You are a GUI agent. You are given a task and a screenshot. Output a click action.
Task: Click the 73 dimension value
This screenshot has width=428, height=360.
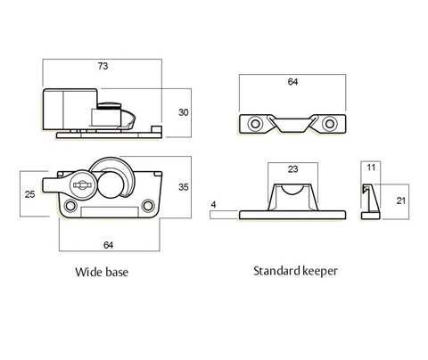point(103,66)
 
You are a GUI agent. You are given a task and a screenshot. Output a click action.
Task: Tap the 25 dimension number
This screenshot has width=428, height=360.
point(30,193)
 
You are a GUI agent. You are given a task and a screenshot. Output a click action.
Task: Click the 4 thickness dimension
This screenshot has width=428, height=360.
point(213,206)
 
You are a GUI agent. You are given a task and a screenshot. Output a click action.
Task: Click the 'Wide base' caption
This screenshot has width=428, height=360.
point(103,272)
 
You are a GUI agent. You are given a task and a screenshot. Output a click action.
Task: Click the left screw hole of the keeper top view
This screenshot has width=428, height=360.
point(255,122)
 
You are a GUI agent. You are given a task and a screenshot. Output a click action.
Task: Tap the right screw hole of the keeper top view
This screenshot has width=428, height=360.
point(329,122)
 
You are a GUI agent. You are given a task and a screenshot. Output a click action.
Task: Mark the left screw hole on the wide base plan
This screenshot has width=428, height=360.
point(72,207)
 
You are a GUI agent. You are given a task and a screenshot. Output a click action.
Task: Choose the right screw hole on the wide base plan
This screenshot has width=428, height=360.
point(147,207)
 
